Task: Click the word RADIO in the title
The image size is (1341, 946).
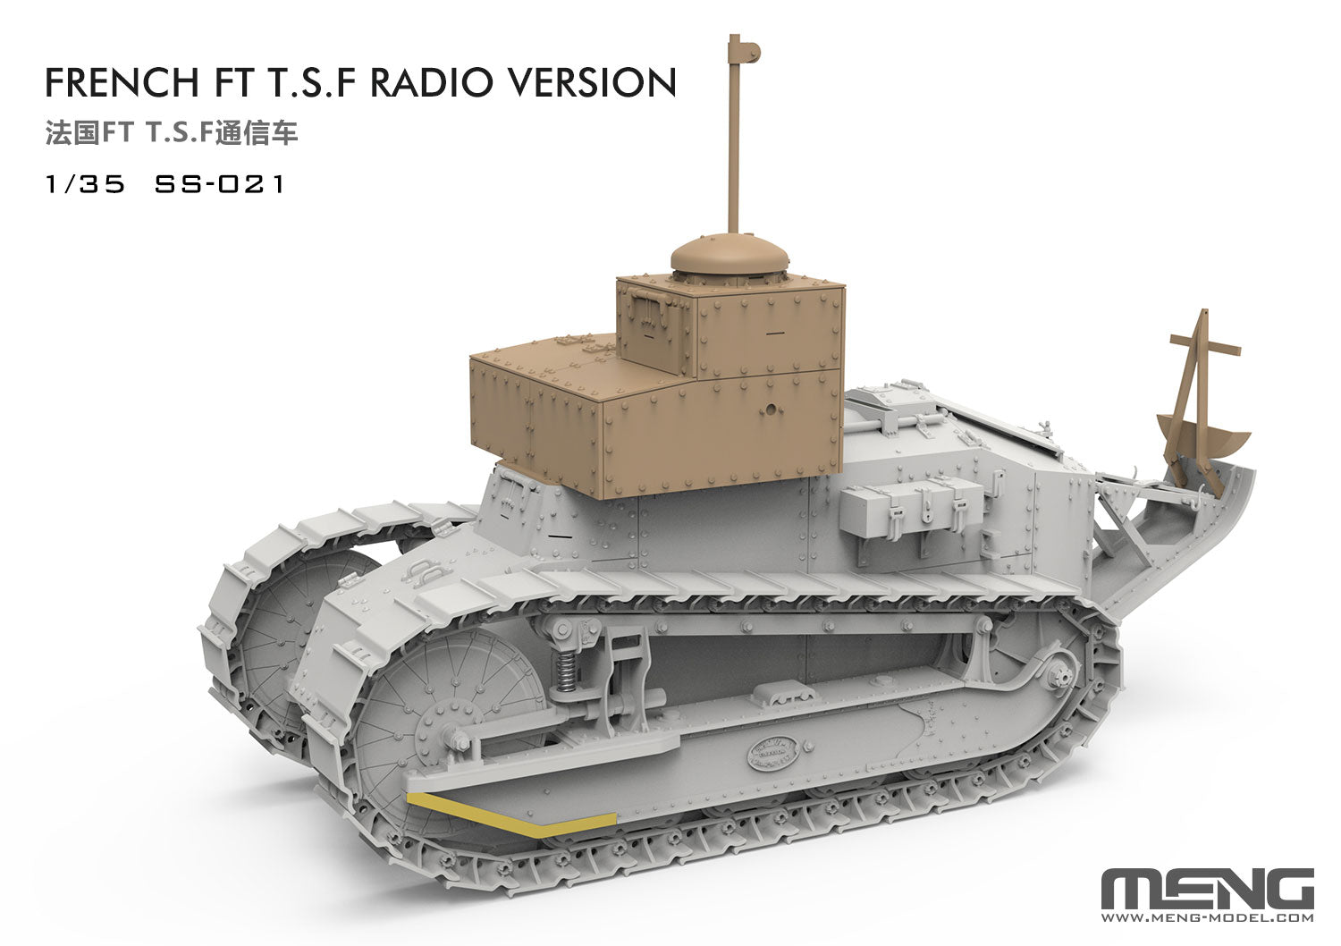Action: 431,82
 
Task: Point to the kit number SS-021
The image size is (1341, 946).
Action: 219,184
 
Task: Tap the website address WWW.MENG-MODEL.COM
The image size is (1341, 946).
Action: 1207,917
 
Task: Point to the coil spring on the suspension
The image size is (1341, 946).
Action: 565,672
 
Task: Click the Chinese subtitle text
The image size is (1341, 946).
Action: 171,133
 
